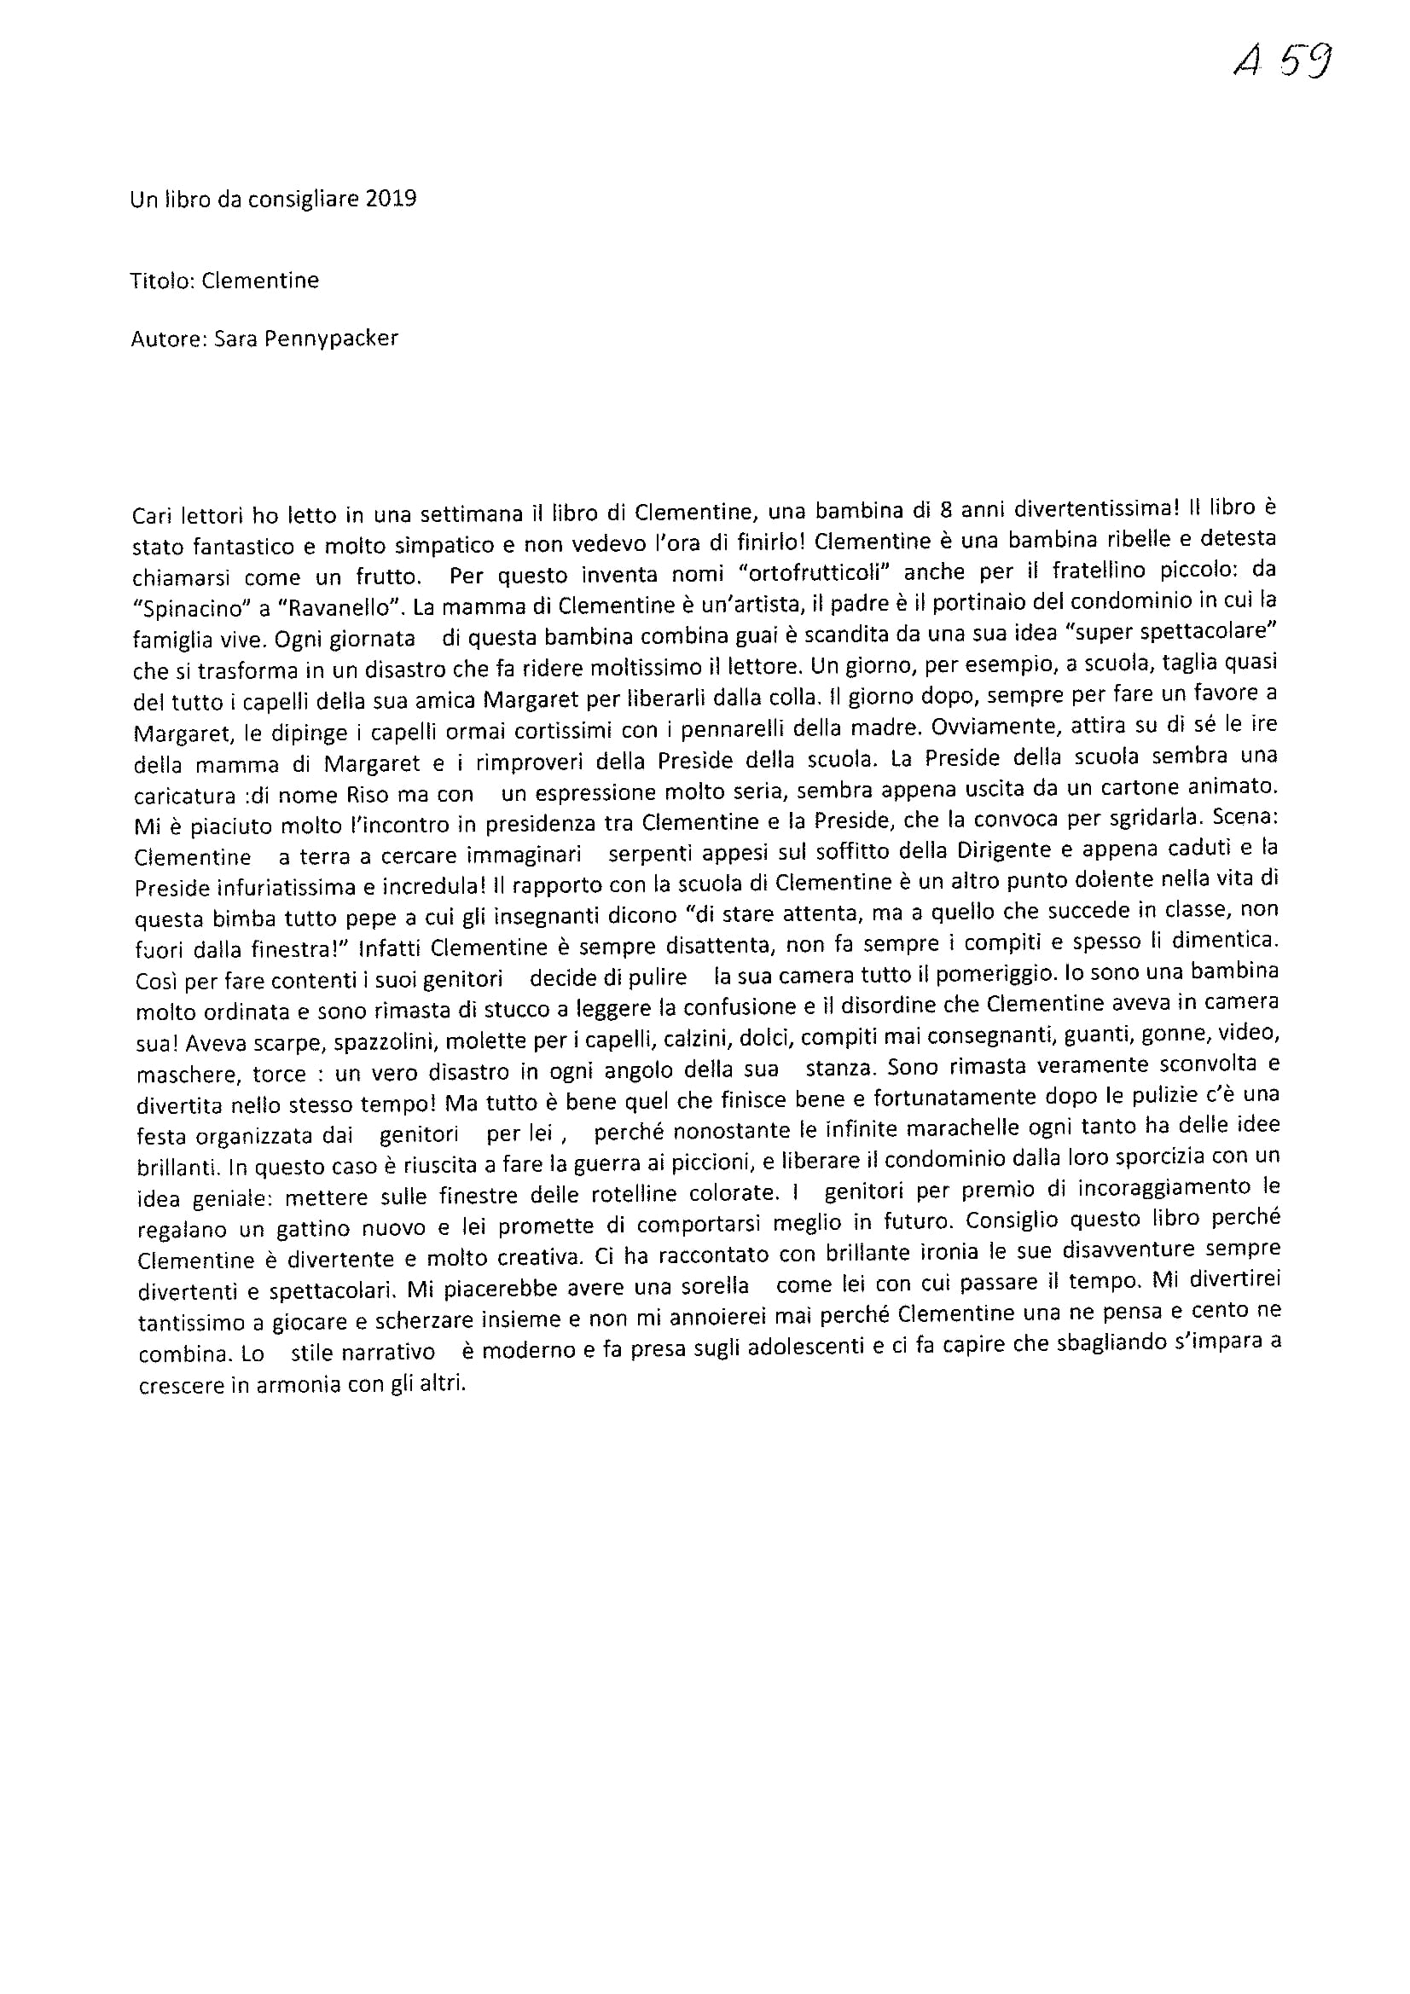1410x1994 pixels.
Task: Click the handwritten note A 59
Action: pos(1282,61)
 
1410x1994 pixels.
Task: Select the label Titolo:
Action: pos(162,281)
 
